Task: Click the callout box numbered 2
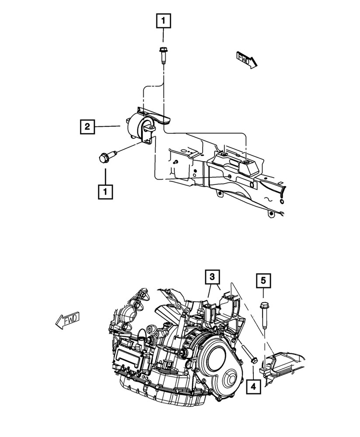tap(87, 127)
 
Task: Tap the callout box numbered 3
tap(212, 276)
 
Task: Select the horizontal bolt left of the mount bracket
tap(107, 156)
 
